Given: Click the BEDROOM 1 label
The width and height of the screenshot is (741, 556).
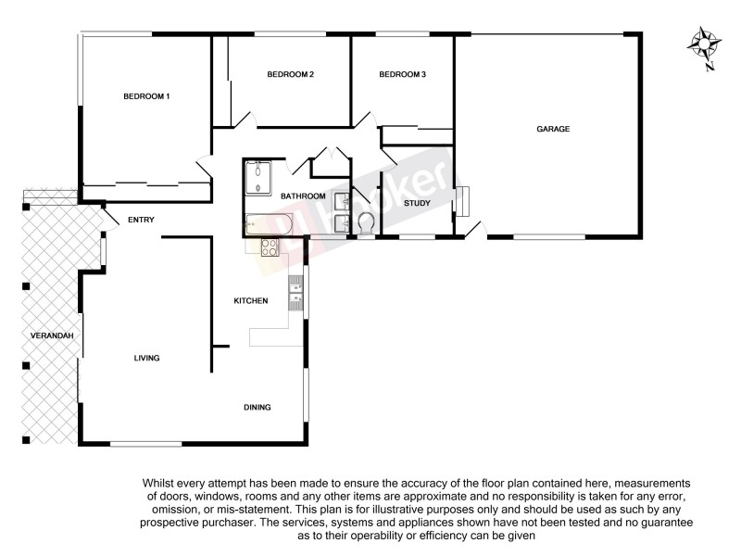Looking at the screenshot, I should pos(147,96).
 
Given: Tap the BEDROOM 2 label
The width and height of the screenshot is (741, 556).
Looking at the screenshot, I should pos(291,74).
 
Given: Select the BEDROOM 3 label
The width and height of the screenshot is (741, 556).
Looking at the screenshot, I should pos(402,74).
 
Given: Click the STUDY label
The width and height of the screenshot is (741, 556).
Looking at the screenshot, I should pos(417,202).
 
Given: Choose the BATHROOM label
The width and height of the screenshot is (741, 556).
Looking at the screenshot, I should pos(303,196).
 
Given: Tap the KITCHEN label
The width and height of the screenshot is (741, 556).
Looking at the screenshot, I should pos(250,300).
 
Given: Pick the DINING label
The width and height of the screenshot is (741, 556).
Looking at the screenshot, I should pos(257,408).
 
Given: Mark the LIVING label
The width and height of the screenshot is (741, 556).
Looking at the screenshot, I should pos(146,358).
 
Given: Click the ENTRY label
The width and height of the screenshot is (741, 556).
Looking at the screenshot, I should pos(141,220).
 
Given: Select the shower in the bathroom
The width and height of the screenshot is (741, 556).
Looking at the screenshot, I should pos(257,178).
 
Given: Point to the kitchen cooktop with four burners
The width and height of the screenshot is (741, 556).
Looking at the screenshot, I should pos(270,247).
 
